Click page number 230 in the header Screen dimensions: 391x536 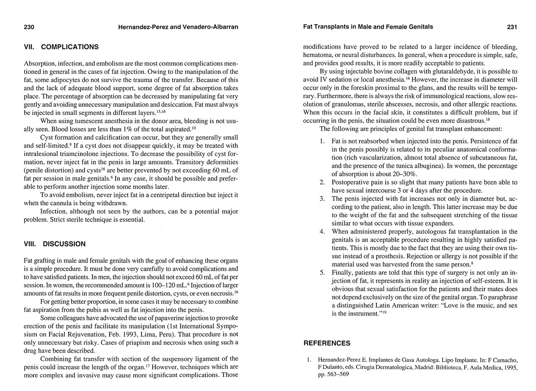point(29,27)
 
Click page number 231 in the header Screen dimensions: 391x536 point(512,27)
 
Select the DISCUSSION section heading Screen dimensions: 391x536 point(64,244)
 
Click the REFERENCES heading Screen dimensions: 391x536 point(327,343)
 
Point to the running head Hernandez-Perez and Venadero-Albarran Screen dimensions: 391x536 point(178,27)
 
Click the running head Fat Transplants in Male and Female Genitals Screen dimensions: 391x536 point(368,27)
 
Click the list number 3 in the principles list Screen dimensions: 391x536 point(322,199)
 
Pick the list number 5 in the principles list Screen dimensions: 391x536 point(322,273)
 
